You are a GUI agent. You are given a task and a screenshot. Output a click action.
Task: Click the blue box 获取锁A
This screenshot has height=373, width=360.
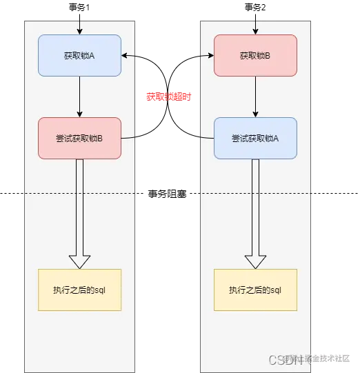click(79, 55)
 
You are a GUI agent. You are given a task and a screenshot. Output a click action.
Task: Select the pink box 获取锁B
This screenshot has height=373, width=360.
click(255, 55)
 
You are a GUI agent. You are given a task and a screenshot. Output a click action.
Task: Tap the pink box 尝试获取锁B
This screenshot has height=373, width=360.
click(79, 138)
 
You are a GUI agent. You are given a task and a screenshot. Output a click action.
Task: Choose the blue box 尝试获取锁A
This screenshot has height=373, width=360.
click(255, 138)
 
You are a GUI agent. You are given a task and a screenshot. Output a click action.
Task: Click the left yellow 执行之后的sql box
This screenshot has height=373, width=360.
click(79, 290)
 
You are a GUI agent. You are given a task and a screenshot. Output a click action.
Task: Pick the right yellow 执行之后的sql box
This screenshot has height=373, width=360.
click(255, 290)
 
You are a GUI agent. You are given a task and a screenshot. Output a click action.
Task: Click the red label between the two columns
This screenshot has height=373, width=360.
click(168, 97)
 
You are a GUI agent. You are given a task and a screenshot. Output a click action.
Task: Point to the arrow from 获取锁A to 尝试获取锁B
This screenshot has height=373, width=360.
click(79, 97)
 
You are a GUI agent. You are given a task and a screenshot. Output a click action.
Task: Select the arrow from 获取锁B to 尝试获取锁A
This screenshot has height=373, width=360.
click(255, 97)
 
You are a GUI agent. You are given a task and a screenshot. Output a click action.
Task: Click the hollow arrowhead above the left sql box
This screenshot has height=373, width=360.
click(79, 261)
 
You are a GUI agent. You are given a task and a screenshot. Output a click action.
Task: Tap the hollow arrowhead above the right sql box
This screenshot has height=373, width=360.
click(255, 261)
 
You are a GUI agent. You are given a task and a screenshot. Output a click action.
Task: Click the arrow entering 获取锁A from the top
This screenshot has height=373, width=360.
click(79, 26)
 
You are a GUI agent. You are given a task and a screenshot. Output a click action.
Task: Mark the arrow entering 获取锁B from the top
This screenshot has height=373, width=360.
click(255, 26)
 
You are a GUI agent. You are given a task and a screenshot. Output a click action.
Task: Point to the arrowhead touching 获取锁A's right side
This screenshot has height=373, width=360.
click(125, 55)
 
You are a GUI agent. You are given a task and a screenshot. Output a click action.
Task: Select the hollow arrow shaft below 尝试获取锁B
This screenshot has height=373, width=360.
click(79, 207)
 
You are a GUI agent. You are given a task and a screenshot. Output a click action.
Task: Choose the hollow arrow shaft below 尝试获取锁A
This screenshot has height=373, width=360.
click(255, 207)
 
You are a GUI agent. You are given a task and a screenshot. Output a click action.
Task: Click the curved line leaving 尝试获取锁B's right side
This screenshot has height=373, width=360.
click(130, 137)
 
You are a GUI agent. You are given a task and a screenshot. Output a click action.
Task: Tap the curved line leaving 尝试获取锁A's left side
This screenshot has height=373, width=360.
click(206, 137)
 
